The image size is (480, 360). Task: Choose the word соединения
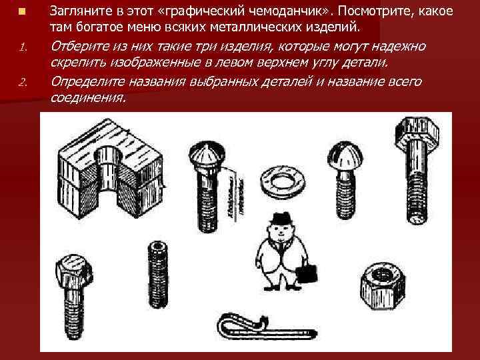[87, 97]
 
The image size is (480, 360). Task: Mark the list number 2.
[22, 83]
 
